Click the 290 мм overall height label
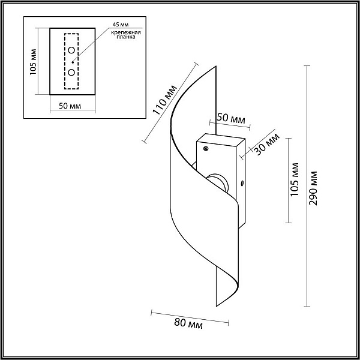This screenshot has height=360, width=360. click(x=313, y=188)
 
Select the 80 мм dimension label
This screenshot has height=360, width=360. click(x=188, y=323)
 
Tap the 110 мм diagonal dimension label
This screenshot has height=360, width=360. click(x=164, y=100)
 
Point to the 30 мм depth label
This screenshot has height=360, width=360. click(x=268, y=144)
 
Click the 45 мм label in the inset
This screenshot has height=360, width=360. click(x=121, y=25)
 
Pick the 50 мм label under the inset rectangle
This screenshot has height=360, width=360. click(x=70, y=106)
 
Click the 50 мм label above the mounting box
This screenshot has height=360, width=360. click(x=231, y=118)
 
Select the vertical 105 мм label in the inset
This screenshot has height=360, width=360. click(x=33, y=62)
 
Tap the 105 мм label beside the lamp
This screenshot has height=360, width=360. click(x=295, y=179)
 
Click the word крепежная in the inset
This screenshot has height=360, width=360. click(x=126, y=32)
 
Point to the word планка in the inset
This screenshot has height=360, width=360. click(x=126, y=37)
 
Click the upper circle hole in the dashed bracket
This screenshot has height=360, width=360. click(x=71, y=50)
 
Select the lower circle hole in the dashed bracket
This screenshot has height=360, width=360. click(x=71, y=73)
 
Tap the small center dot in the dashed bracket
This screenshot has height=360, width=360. click(x=73, y=62)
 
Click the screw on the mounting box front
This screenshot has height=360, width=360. click(x=206, y=149)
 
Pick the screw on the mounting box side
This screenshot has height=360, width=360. click(x=242, y=183)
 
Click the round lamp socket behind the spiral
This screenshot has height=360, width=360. click(x=217, y=182)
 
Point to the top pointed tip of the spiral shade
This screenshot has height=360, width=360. click(x=215, y=67)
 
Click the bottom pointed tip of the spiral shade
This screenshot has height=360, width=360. click(x=217, y=306)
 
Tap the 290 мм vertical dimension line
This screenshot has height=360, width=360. click(x=307, y=186)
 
